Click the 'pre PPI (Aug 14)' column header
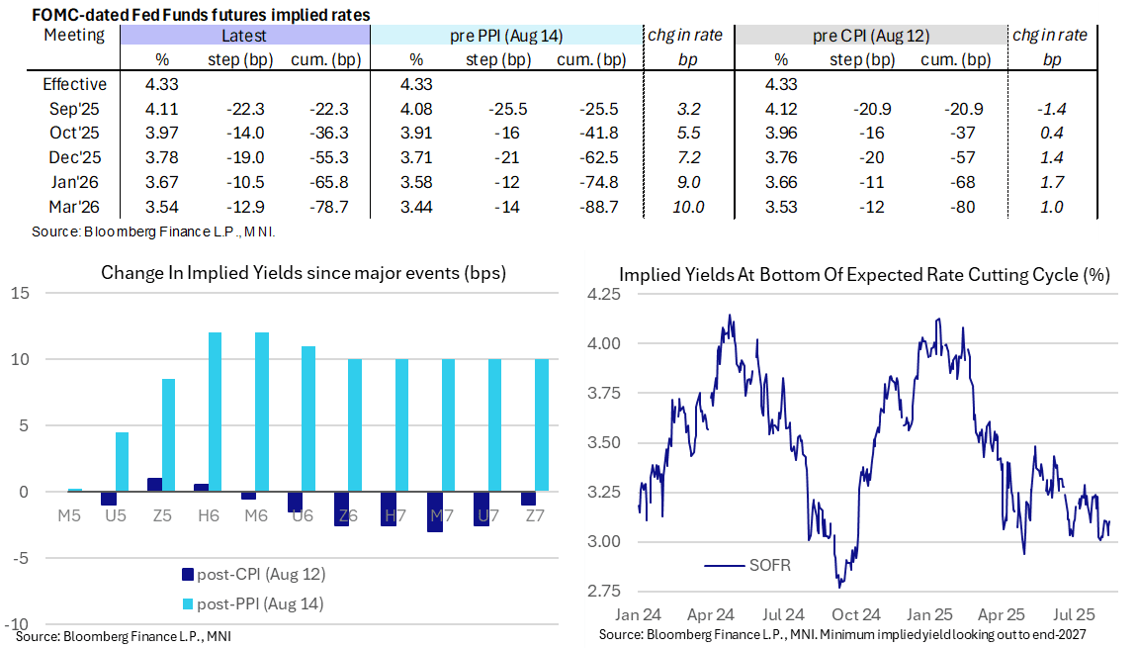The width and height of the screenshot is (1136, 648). (x=506, y=36)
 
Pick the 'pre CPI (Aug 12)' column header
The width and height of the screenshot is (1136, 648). (x=867, y=36)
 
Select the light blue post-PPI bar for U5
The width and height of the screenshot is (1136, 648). (x=123, y=462)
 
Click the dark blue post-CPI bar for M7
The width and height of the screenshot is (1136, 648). (x=436, y=511)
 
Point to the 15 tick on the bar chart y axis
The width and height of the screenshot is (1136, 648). (x=21, y=293)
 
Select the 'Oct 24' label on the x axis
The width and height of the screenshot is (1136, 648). (x=856, y=613)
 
